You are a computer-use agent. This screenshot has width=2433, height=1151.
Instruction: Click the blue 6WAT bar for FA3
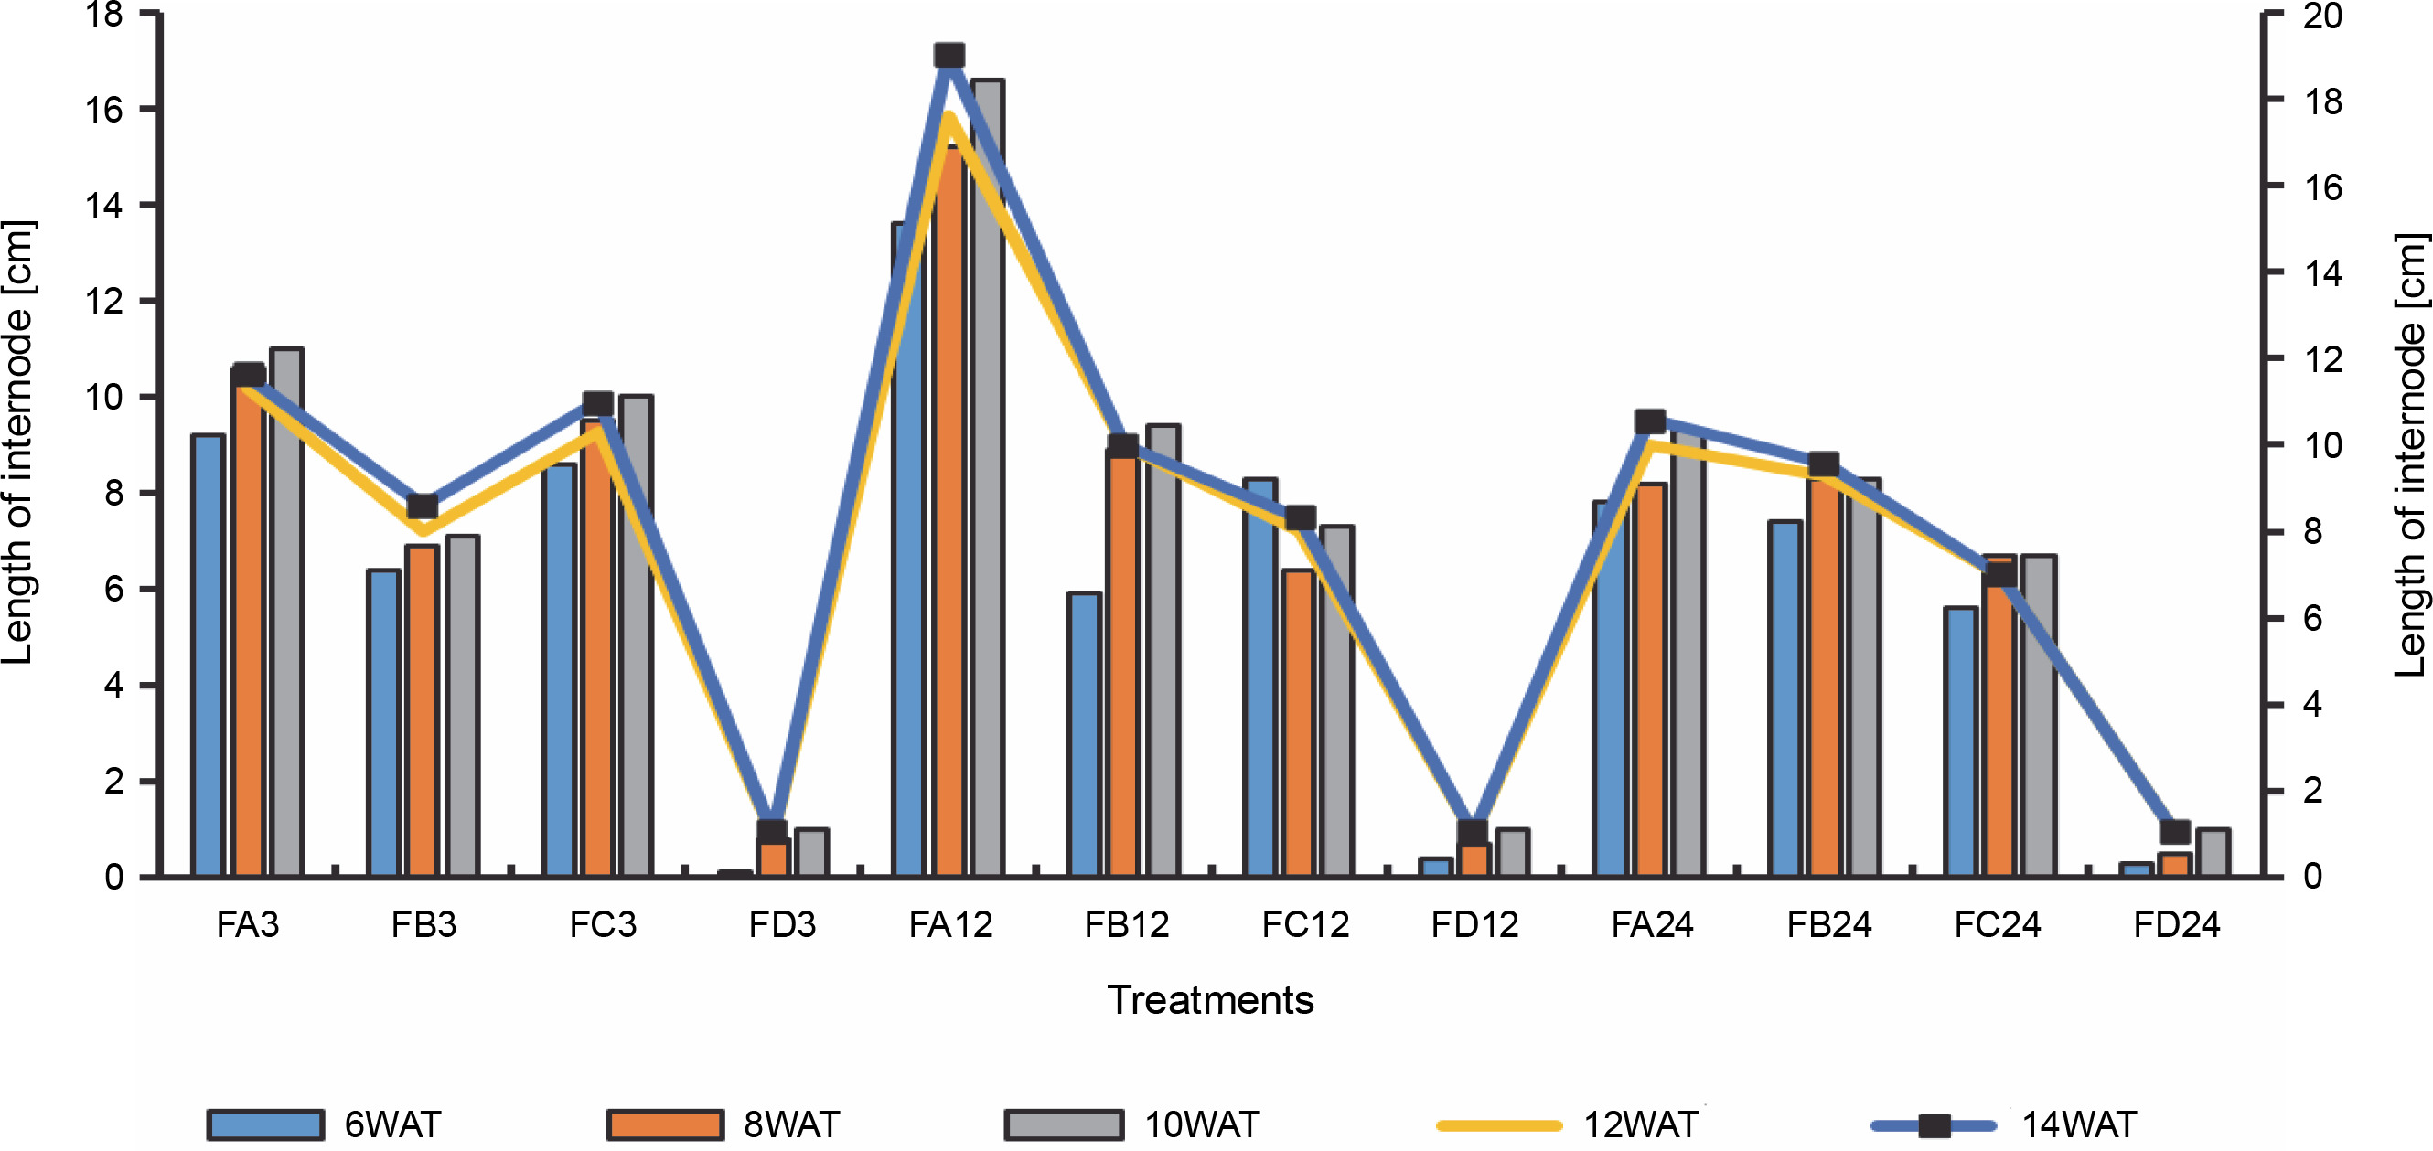click(208, 655)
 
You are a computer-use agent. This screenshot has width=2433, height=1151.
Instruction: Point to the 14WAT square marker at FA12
click(949, 56)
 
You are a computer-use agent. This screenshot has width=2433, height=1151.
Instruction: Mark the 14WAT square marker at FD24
click(2175, 832)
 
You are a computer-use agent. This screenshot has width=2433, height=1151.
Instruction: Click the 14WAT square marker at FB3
click(423, 506)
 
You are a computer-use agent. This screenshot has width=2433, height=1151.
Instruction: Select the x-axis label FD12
click(1474, 924)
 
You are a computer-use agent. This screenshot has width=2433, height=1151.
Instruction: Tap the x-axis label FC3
click(603, 924)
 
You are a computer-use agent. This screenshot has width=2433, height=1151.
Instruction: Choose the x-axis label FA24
click(1652, 924)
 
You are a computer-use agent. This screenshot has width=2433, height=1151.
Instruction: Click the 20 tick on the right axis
click(2322, 16)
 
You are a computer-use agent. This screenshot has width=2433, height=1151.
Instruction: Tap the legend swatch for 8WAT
click(665, 1124)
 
